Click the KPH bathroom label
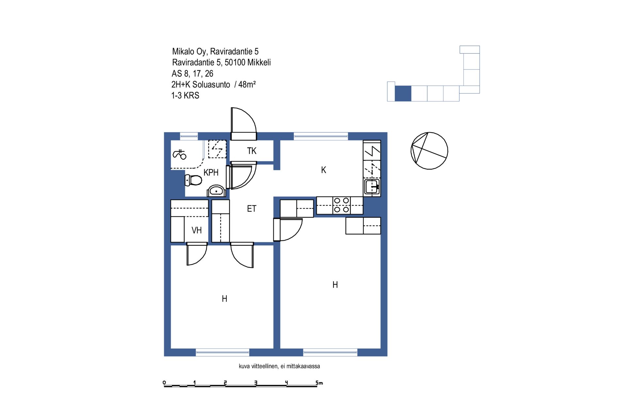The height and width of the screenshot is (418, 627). (211, 172)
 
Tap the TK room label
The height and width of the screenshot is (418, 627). (252, 151)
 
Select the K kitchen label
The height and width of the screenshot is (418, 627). (324, 170)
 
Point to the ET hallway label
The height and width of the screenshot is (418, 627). (252, 209)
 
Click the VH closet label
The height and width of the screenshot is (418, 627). (197, 230)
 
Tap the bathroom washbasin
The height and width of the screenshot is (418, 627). (216, 191)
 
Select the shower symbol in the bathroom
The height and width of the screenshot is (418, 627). (179, 154)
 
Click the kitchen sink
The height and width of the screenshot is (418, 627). (372, 187)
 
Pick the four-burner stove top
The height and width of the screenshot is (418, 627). (342, 205)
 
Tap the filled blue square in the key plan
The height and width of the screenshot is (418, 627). (403, 93)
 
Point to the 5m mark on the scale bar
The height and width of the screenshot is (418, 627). (319, 383)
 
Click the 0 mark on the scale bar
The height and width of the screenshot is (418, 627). (164, 383)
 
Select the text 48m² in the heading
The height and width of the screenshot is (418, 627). (247, 84)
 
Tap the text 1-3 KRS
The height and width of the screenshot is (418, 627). (185, 95)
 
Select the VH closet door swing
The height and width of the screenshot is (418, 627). (197, 254)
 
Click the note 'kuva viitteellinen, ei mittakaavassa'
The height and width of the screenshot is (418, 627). (279, 366)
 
